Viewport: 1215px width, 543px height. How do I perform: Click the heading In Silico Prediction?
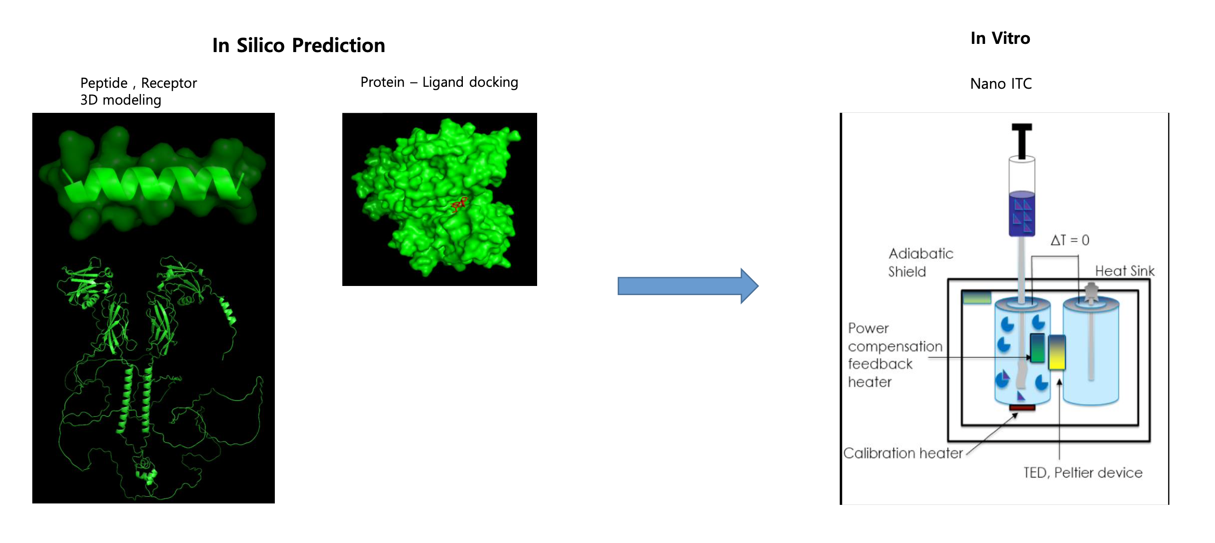click(x=298, y=45)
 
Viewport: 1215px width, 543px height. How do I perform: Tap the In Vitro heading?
click(x=1000, y=38)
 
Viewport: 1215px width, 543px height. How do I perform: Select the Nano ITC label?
click(x=1001, y=83)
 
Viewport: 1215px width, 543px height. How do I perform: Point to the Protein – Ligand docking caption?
click(x=439, y=82)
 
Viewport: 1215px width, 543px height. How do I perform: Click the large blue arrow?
click(x=688, y=286)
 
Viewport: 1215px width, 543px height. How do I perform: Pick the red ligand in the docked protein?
click(x=459, y=204)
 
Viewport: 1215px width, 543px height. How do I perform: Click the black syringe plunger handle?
click(x=1022, y=141)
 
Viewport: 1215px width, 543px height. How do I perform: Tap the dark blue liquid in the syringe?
click(x=1022, y=214)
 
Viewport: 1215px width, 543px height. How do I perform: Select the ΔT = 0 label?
click(x=1070, y=240)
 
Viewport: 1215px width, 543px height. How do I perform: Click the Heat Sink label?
click(x=1125, y=271)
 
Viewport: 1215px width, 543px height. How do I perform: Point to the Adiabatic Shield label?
click(x=920, y=262)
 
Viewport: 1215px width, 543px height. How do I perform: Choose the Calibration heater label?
click(x=903, y=453)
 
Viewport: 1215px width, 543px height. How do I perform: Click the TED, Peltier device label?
click(x=1083, y=473)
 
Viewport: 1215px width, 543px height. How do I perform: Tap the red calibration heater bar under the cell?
click(x=1022, y=408)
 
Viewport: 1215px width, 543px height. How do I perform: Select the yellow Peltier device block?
click(x=1057, y=353)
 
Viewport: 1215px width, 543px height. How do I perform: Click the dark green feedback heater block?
click(x=1037, y=348)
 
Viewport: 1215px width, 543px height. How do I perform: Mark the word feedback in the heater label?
click(x=880, y=364)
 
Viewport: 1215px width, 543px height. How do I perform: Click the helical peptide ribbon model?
click(x=153, y=184)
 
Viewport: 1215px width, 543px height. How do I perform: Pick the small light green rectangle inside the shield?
click(x=977, y=298)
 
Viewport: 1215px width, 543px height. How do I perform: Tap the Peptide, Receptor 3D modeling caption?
click(x=138, y=91)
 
